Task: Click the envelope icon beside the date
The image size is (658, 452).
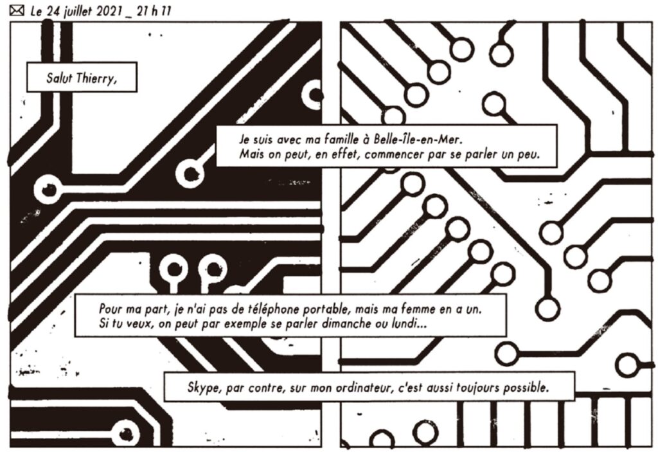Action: (16, 10)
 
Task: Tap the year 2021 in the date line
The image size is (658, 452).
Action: (109, 12)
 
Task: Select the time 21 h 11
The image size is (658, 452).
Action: (154, 11)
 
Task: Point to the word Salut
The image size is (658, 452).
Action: (59, 78)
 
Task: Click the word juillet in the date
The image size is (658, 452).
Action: (77, 12)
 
